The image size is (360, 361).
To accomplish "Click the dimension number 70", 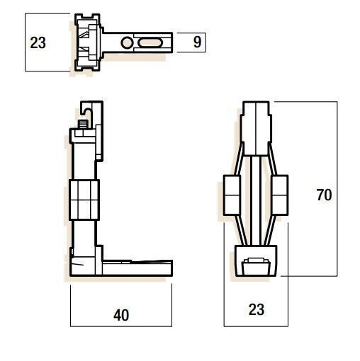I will [324, 195].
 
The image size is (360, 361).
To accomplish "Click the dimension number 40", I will [121, 316].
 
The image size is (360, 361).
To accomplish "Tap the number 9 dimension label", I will [197, 42].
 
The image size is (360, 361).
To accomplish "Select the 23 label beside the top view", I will [38, 42].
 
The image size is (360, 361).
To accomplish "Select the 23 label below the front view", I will [256, 309].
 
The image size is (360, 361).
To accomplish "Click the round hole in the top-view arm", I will [127, 43].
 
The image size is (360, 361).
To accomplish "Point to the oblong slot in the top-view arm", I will [150, 43].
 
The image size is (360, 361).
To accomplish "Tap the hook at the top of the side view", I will [89, 110].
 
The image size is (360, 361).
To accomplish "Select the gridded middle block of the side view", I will [84, 200].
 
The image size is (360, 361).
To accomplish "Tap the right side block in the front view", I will [279, 194].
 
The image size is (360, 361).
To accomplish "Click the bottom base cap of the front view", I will [256, 263].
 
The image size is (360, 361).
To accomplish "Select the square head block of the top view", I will [88, 42].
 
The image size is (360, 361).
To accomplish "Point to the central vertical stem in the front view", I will [257, 198].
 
